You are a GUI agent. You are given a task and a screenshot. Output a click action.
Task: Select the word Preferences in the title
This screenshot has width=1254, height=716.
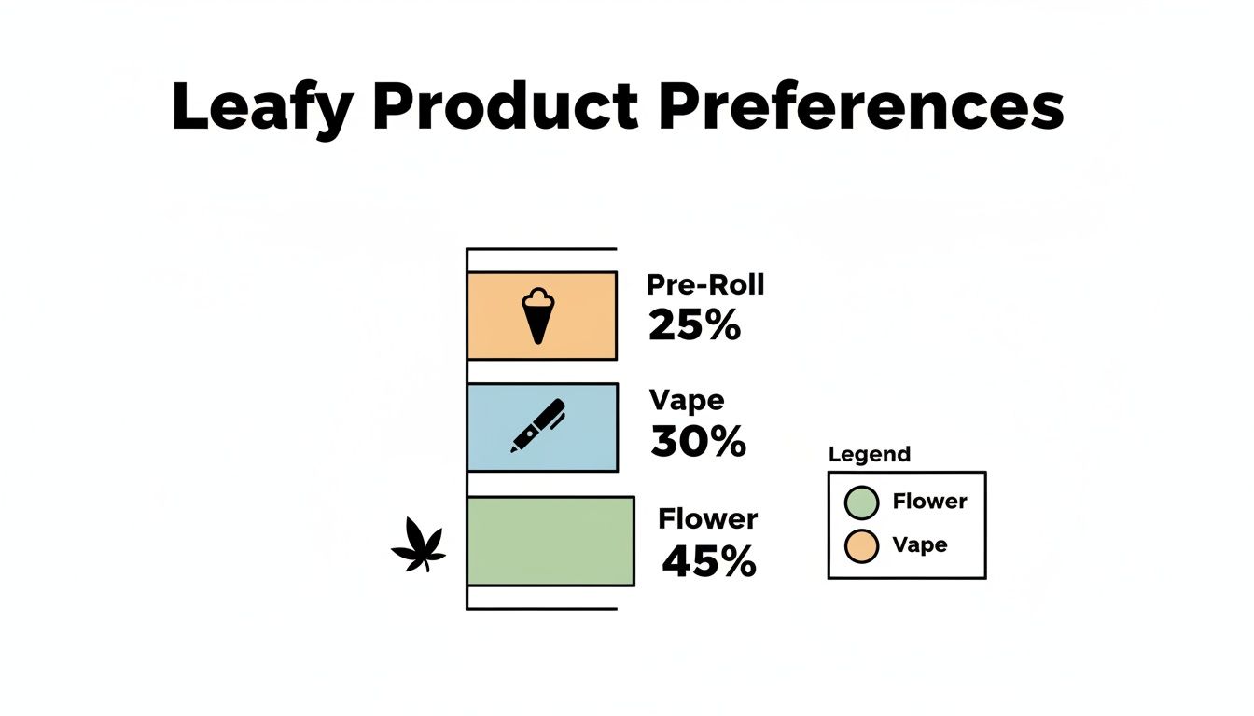860,107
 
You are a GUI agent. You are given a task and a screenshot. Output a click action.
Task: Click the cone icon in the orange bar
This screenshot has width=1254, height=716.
536,315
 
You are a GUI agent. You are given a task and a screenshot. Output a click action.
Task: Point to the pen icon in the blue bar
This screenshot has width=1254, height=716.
538,427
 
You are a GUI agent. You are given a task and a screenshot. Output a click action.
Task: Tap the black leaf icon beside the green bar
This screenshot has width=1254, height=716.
417,546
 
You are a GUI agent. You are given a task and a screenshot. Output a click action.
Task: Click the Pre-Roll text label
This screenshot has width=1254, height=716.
704,284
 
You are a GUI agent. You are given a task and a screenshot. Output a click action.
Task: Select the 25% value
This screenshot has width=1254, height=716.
694,325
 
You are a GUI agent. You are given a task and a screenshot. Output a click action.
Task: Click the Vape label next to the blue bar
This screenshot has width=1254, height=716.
687,400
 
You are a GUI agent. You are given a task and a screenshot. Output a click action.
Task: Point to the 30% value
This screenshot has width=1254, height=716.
699,442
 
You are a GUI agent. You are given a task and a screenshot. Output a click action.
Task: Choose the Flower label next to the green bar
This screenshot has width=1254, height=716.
708,517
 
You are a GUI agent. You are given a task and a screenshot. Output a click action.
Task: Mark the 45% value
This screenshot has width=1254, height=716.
709,560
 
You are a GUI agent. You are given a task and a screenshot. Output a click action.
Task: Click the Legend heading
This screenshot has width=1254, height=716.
870,455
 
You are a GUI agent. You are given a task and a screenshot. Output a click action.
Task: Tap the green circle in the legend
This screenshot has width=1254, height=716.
861,503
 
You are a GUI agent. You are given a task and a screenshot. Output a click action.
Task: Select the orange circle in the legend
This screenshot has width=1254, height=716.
861,546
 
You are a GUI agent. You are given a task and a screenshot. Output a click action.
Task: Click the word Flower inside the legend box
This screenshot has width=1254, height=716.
929,502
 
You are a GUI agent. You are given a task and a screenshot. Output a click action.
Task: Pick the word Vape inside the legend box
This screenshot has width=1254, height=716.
920,544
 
